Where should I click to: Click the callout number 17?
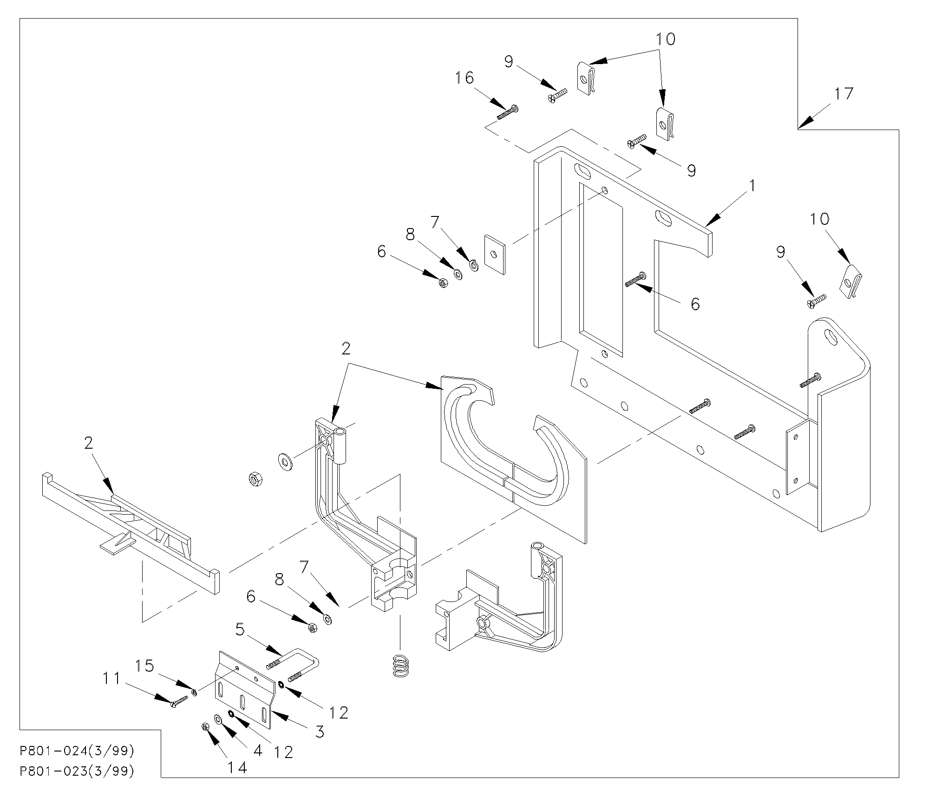coord(844,94)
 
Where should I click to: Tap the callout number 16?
coord(464,78)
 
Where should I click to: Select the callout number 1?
coord(752,186)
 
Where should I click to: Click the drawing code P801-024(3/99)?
coord(77,751)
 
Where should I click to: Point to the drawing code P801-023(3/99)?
coord(77,771)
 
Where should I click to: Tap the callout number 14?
coord(237,768)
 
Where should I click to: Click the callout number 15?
coord(144,666)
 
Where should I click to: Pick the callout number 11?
coord(111,679)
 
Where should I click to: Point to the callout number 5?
coord(240,630)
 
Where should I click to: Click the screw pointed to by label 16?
coord(507,112)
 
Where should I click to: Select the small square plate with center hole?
coord(495,255)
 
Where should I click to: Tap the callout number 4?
coord(258,750)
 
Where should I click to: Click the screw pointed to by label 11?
coord(179,701)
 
